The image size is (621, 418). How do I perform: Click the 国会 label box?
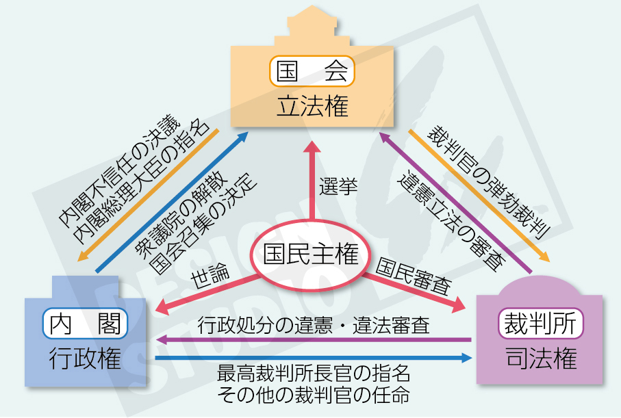coord(312,70)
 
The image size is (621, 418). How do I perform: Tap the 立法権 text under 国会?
coord(312,107)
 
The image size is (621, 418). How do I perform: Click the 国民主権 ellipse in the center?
coord(312,254)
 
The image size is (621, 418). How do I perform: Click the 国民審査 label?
coord(411,274)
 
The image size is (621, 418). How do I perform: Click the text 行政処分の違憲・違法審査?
coord(314,324)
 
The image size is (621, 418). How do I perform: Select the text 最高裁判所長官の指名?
coord(314,374)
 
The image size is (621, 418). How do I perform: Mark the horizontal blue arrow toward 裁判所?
coord(314,357)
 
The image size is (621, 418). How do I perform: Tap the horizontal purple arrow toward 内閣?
coord(314,339)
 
